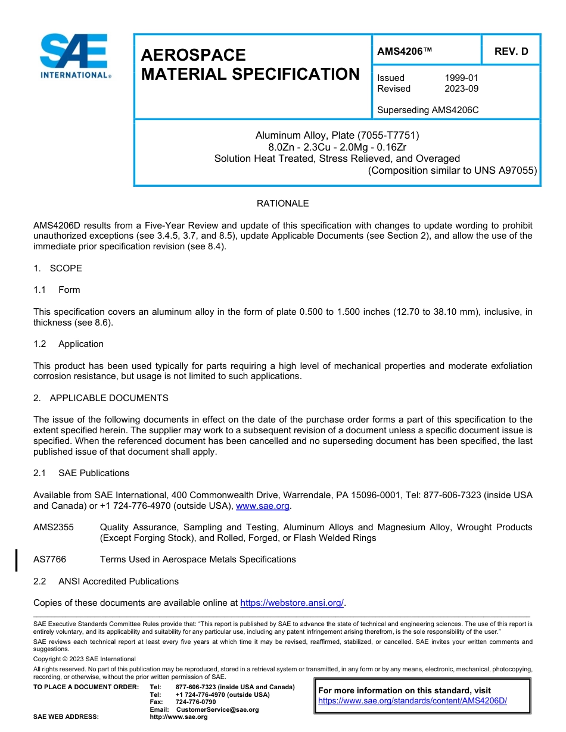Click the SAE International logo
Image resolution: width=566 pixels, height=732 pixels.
74,56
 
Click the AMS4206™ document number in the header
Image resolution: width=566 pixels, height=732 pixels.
405,51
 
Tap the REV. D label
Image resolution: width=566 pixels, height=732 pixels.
511,51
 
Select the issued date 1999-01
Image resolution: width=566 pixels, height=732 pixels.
461,78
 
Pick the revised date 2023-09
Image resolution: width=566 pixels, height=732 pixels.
461,89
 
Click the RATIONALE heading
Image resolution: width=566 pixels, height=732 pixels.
282,204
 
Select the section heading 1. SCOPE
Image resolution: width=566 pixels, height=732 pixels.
58,268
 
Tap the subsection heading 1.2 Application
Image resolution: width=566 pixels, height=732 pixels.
69,344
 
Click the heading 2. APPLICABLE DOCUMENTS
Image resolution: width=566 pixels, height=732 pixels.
101,398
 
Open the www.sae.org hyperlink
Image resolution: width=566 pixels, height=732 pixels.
263,506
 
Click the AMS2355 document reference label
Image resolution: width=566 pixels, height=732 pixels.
54,527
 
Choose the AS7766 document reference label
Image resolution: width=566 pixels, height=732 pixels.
49,559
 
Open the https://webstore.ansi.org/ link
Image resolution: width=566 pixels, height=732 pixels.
292,603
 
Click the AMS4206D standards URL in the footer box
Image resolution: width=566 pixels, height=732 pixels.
412,700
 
